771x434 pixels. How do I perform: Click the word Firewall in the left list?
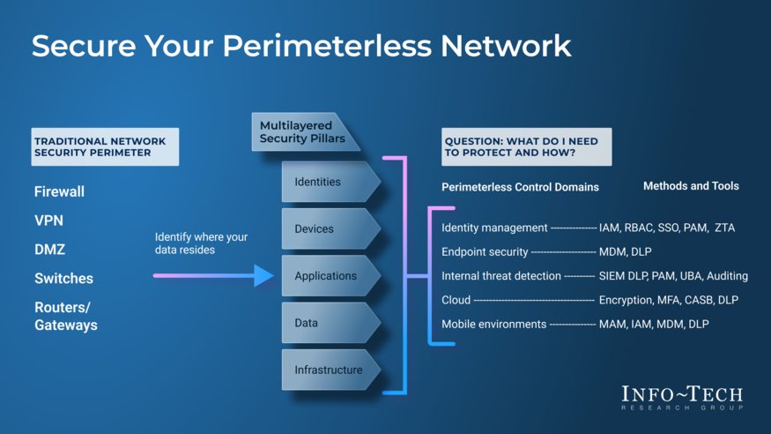pos(59,191)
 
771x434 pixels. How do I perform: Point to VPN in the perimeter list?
pos(48,221)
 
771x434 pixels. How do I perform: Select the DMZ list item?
pos(49,250)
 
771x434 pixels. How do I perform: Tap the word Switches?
pos(63,279)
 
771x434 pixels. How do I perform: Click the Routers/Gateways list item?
pos(65,316)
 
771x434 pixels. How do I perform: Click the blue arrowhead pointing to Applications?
pos(263,276)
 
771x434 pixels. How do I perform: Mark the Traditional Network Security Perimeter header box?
pos(104,147)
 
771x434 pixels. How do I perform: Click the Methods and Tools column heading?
pos(691,186)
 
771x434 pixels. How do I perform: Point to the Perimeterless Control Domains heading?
pos(520,187)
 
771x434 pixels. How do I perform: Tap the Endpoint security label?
pos(484,251)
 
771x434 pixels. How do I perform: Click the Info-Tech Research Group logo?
pos(681,397)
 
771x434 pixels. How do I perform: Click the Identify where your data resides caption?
pos(201,243)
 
